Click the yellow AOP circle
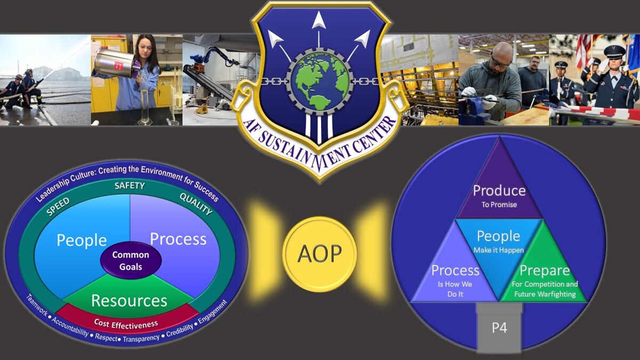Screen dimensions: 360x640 [x=319, y=254]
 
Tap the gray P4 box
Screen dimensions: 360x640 [x=499, y=327]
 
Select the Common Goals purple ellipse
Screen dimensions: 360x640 [x=131, y=260]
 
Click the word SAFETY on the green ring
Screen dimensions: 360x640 [x=130, y=186]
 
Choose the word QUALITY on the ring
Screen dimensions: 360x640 [x=196, y=203]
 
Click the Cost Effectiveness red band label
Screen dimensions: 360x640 [x=126, y=323]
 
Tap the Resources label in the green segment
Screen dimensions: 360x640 [x=129, y=300]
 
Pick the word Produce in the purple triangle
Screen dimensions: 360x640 [x=499, y=190]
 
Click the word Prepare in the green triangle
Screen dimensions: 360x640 [x=545, y=270]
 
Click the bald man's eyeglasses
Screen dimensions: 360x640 [x=499, y=63]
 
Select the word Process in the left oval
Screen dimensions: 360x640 [x=178, y=239]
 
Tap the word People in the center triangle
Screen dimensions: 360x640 [x=498, y=236]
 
